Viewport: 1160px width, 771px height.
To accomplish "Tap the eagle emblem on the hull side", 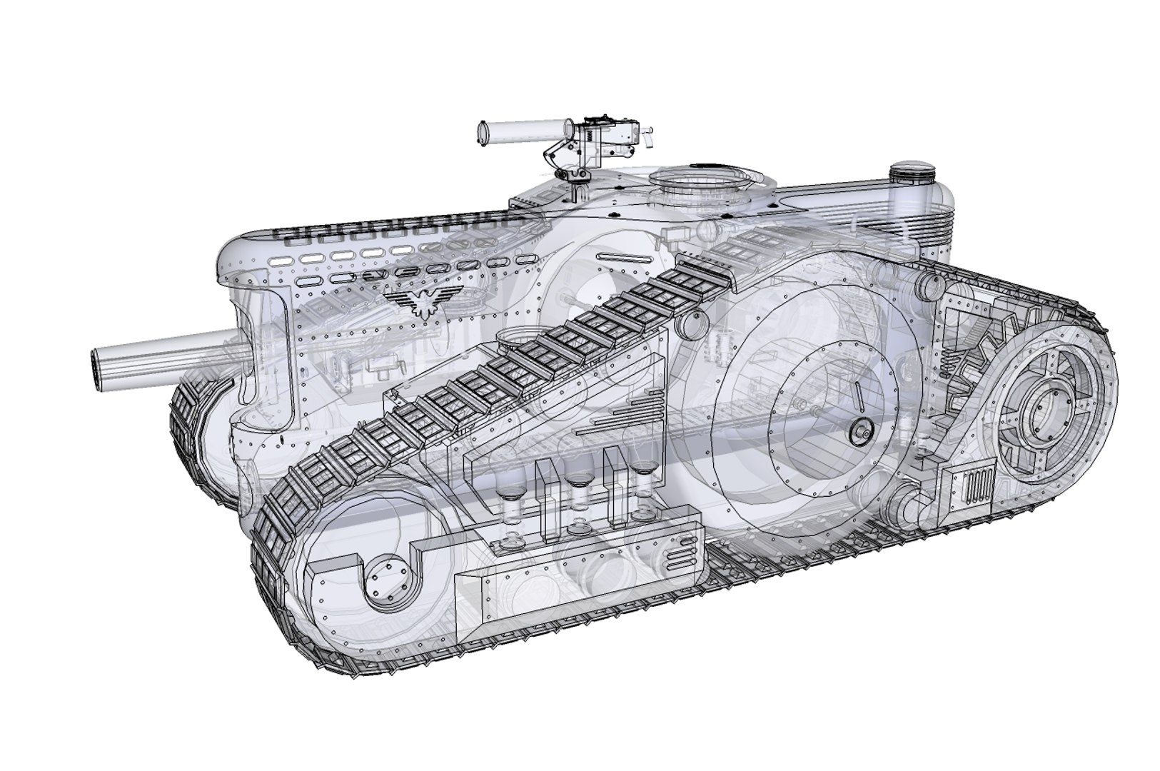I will click(423, 299).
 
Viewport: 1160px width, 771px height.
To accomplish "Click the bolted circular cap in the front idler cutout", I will click(386, 586).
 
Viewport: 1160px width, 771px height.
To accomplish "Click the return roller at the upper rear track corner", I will click(928, 285).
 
